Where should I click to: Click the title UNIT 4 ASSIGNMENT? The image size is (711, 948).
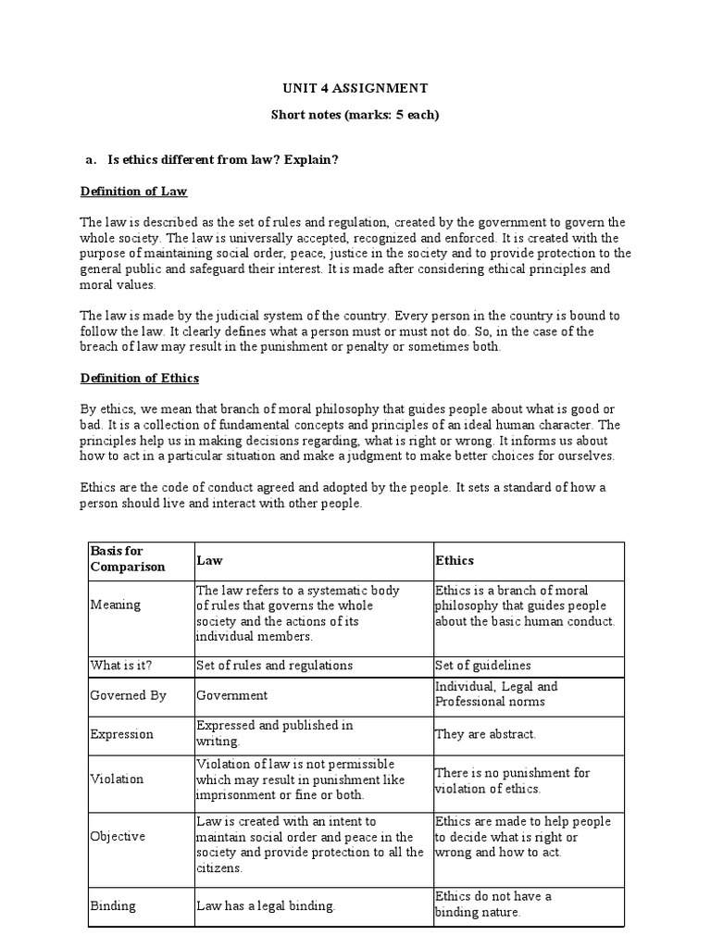coord(355,88)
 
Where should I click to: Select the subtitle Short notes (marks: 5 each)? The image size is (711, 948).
coord(355,116)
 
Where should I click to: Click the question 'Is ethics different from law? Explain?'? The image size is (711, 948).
coord(223,160)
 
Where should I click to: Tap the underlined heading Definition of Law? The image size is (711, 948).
coord(133,192)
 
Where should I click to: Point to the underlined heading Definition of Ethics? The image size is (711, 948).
coord(139,379)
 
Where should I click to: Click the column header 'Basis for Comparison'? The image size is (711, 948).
coord(128,559)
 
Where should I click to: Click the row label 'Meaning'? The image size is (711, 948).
coord(116,605)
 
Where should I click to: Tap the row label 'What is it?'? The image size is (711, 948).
coord(119,665)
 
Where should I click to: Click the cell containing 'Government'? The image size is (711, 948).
coord(231,694)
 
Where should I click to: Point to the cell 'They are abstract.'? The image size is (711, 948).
coord(485,734)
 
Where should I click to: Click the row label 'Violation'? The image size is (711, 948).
coord(118,779)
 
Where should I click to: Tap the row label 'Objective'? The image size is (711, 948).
coord(118,836)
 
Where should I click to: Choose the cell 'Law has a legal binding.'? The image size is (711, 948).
coord(265,905)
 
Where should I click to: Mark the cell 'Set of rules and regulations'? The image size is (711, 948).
coord(274,665)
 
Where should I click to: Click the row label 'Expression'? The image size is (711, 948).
coord(122,734)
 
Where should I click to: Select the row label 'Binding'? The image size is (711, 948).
coord(113,905)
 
